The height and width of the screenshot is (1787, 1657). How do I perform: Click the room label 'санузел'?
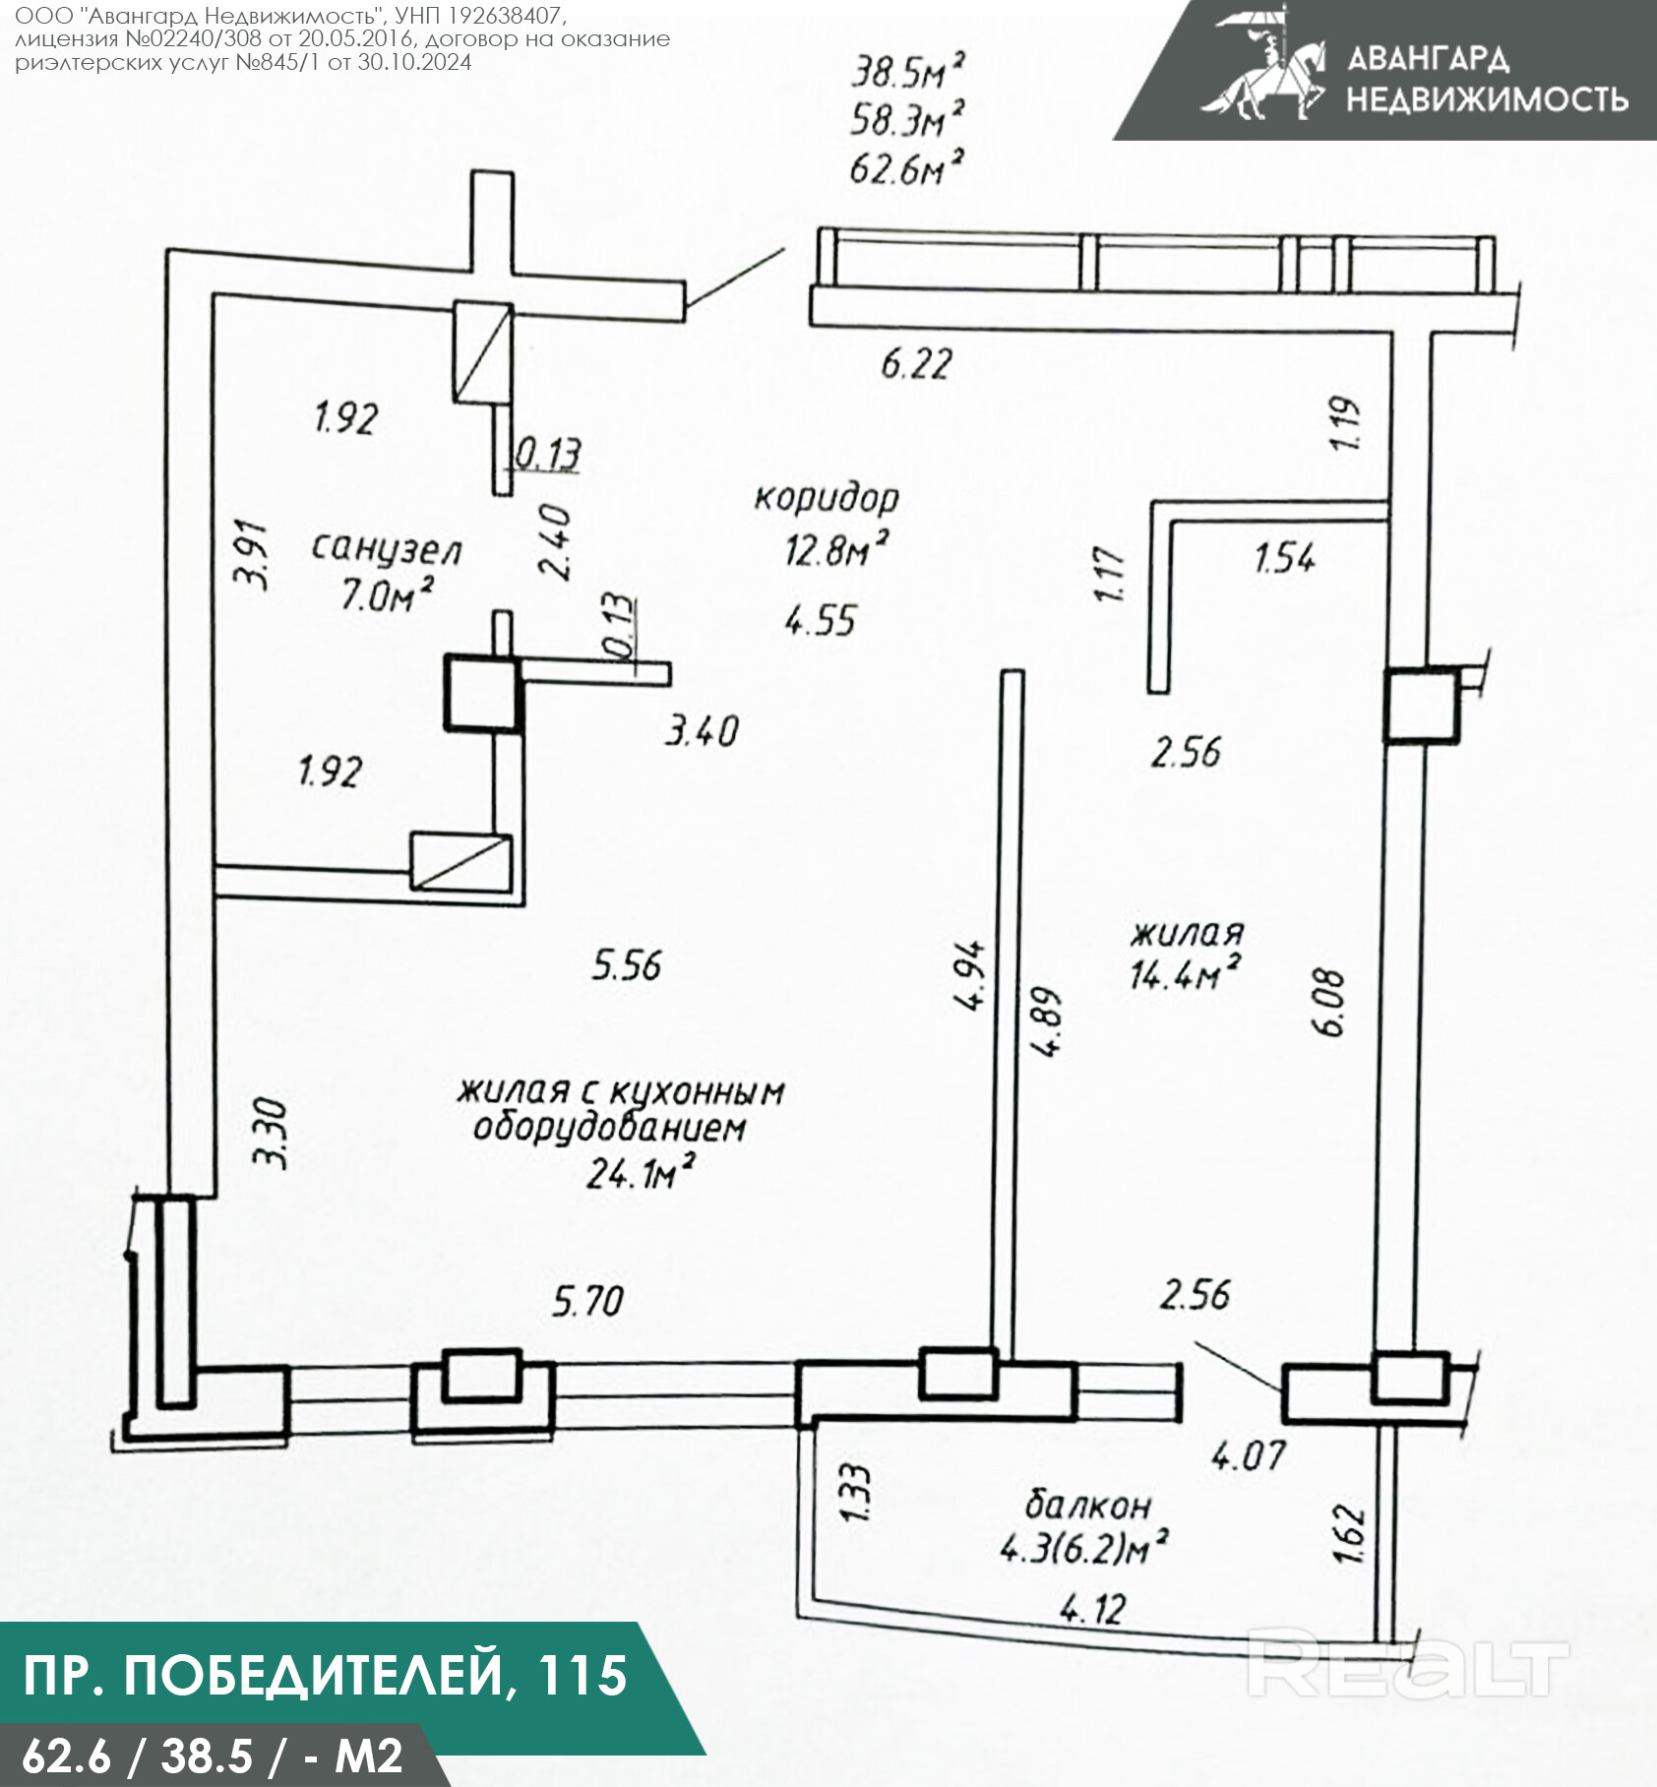pyautogui.click(x=387, y=549)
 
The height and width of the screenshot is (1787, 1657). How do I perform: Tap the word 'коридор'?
pyautogui.click(x=827, y=498)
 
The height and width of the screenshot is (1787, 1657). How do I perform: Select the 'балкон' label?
pyautogui.click(x=1087, y=1505)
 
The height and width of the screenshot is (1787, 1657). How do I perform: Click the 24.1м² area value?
pyautogui.click(x=641, y=1173)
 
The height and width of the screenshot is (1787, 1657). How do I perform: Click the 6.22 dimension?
pyautogui.click(x=916, y=365)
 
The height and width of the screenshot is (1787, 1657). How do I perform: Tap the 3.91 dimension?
pyautogui.click(x=254, y=553)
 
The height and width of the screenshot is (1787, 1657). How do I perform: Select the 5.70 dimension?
pyautogui.click(x=587, y=1302)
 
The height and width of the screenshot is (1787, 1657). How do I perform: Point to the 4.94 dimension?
pyautogui.click(x=969, y=975)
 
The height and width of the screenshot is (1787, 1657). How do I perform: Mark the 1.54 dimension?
pyautogui.click(x=1285, y=559)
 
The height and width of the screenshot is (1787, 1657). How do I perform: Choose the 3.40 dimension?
pyautogui.click(x=702, y=731)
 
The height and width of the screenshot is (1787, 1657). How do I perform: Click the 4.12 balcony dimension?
pyautogui.click(x=1092, y=1609)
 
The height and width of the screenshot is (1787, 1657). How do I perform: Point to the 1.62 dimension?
pyautogui.click(x=1349, y=1533)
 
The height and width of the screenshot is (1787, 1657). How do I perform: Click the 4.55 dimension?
pyautogui.click(x=821, y=621)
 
